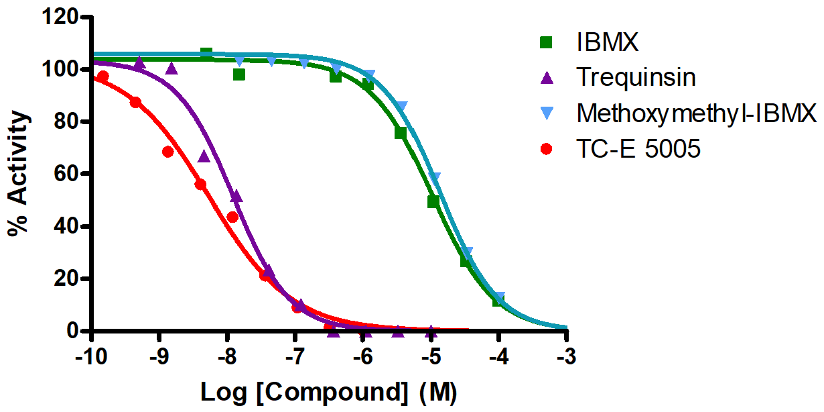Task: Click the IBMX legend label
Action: pyautogui.click(x=607, y=43)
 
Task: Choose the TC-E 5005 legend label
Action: pyautogui.click(x=638, y=149)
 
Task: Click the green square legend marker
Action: pyautogui.click(x=547, y=43)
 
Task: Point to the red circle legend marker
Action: pyautogui.click(x=547, y=149)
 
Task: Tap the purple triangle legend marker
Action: pyautogui.click(x=547, y=78)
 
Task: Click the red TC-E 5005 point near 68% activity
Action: pyautogui.click(x=168, y=152)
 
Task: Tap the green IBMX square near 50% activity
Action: pyautogui.click(x=433, y=201)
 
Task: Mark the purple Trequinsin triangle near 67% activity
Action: pyautogui.click(x=204, y=156)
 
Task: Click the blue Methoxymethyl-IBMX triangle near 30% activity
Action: pyautogui.click(x=468, y=252)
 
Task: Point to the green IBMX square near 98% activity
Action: pyautogui.click(x=239, y=74)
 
